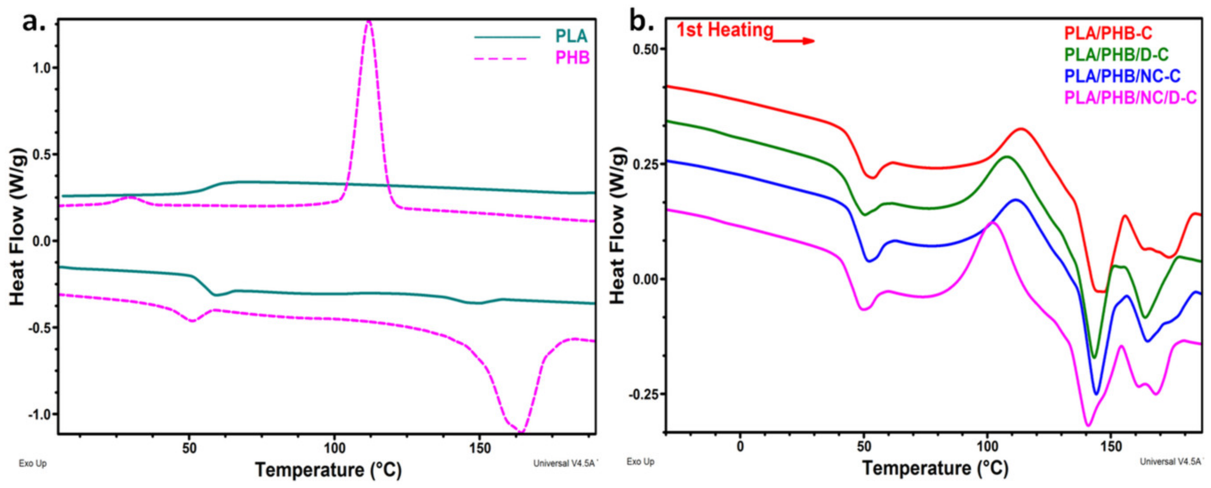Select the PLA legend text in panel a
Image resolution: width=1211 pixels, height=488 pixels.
(x=571, y=36)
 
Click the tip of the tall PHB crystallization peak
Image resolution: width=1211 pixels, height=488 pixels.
(x=369, y=22)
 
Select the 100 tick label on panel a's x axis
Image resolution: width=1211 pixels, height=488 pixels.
(x=334, y=448)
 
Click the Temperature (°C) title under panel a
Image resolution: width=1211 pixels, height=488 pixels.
(x=328, y=469)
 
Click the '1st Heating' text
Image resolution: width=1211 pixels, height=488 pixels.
(x=725, y=30)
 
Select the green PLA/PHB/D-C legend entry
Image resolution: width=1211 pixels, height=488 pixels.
(x=1116, y=55)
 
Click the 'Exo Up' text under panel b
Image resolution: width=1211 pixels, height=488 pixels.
(x=640, y=462)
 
